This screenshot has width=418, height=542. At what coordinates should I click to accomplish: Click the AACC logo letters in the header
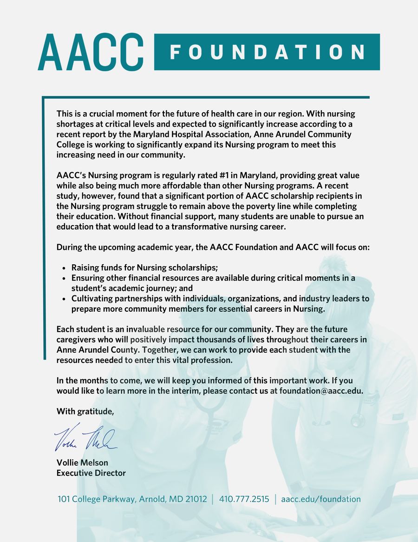pos(91,52)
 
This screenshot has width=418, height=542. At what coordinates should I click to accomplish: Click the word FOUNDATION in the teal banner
pos(267,52)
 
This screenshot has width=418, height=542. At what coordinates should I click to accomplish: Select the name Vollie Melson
pos(82,462)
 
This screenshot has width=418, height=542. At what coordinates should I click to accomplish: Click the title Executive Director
pos(91,473)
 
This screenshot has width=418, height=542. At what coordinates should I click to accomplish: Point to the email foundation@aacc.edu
pos(321,391)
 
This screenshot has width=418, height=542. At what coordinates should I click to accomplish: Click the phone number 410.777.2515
pos(244,499)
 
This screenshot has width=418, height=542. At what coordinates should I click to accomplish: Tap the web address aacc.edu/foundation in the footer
pos(321,499)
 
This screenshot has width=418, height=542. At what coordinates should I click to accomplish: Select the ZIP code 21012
pos(196,499)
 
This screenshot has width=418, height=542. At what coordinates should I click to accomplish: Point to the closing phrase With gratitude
pos(85,411)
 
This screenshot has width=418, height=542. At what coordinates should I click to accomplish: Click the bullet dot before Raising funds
pos(64,268)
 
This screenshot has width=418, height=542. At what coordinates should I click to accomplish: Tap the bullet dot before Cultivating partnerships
pos(64,299)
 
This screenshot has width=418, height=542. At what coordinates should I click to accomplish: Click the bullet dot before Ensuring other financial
pos(64,278)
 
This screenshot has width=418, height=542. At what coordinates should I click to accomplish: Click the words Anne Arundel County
pos(97,350)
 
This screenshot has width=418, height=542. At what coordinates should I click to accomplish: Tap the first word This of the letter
pos(65,114)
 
